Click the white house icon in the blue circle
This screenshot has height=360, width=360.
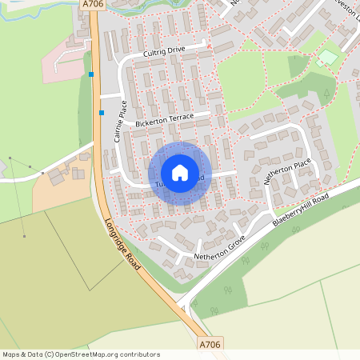[x=180, y=173]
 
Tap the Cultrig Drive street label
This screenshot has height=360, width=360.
[x=164, y=50]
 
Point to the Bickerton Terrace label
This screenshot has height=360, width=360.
[x=165, y=119]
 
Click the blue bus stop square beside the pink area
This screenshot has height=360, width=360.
[x=91, y=74]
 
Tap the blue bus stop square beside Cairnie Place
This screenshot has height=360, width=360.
[x=101, y=112]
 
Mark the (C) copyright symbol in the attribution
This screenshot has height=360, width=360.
[x=49, y=354]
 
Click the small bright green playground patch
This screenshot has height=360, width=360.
[x=327, y=58]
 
